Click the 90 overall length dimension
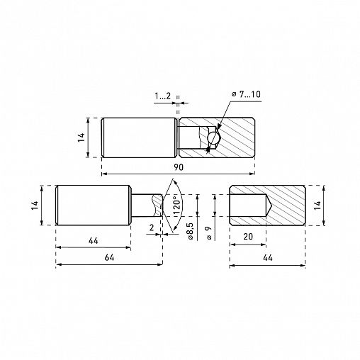[x=179, y=167]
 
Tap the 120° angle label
[x=178, y=205]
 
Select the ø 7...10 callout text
[x=246, y=94]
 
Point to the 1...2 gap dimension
[x=162, y=96]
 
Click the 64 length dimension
[x=109, y=257]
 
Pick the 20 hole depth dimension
[x=248, y=237]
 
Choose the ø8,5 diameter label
[x=191, y=231]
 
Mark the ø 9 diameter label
[x=209, y=233]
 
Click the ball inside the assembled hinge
[x=213, y=137]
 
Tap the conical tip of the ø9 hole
[x=269, y=206]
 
